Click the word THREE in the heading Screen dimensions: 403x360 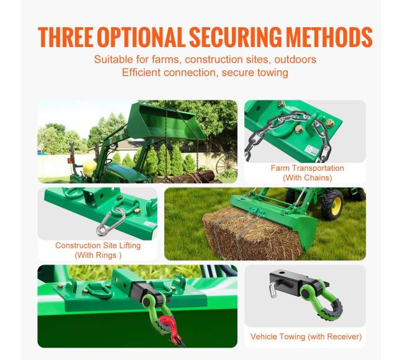[66, 37]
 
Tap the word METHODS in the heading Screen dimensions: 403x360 [329, 37]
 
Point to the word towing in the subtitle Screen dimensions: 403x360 [272, 72]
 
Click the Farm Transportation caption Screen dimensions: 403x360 [307, 168]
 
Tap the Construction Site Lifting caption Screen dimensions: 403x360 [98, 245]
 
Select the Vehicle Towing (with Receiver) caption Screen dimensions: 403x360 [306, 336]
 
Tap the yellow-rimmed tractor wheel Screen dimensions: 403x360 [332, 204]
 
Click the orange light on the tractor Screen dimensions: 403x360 [69, 160]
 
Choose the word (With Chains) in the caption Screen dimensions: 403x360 [308, 178]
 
